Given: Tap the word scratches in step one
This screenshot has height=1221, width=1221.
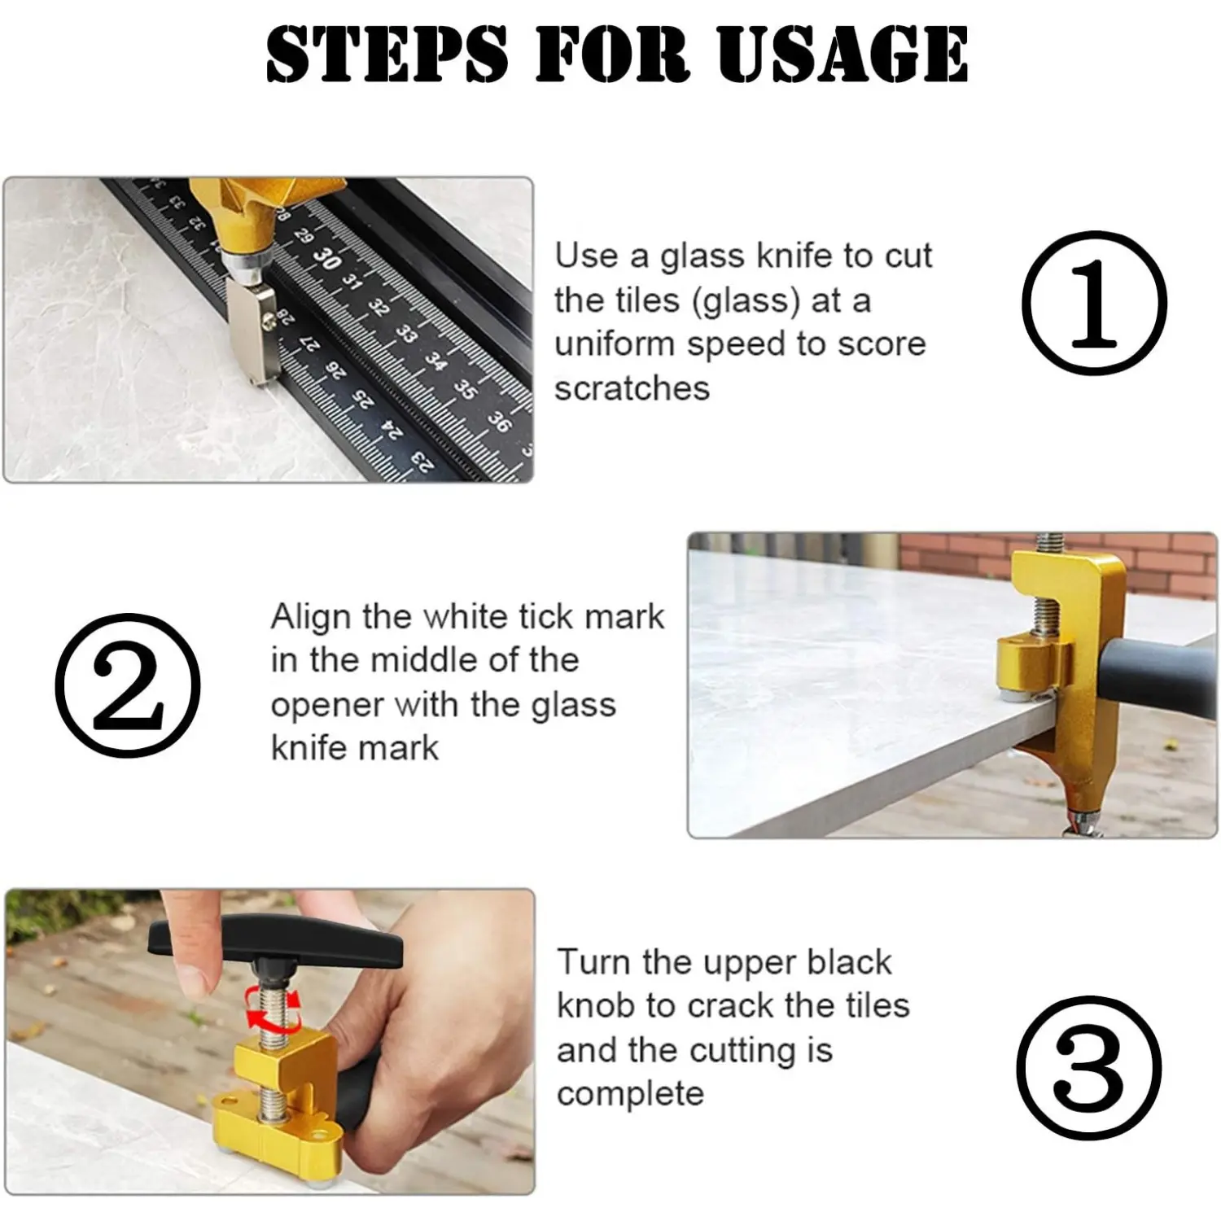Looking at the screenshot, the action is [632, 388].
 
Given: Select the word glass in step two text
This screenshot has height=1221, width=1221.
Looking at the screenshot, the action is [573, 705].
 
